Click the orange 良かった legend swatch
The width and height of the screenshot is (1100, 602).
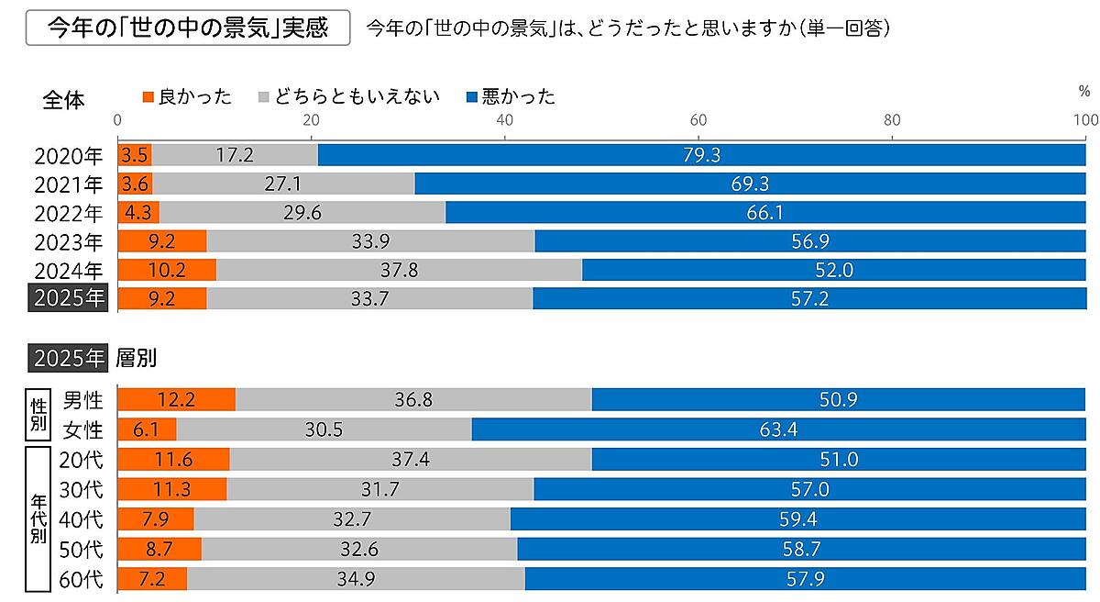[149, 96]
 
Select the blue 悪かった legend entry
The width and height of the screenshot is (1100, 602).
[511, 96]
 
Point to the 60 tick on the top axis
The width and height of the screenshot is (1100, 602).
[698, 119]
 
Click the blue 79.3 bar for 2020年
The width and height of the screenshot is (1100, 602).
[701, 155]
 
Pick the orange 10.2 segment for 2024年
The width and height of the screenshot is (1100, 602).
[167, 270]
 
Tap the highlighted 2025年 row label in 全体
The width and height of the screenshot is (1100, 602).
[70, 298]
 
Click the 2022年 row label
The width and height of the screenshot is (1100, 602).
[70, 213]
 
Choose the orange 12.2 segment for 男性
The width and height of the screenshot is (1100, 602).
[177, 400]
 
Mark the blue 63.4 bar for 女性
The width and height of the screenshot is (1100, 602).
[778, 429]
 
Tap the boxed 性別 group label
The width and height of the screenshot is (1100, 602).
[38, 415]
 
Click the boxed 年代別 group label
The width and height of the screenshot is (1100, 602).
[38, 519]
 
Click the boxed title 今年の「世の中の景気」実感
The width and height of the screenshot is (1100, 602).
[189, 27]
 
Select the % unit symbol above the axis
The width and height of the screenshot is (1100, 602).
[1084, 92]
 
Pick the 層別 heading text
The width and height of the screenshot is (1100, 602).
[137, 358]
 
